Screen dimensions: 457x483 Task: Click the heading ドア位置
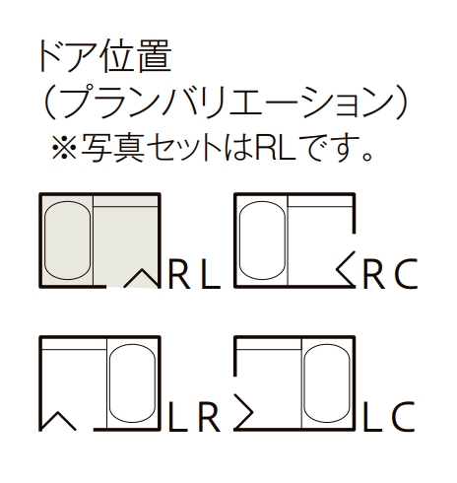pyautogui.click(x=105, y=56)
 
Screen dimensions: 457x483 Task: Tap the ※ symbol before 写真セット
pyautogui.click(x=65, y=147)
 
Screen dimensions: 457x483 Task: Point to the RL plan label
pyautogui.click(x=194, y=274)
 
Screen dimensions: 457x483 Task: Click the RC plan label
pyautogui.click(x=390, y=274)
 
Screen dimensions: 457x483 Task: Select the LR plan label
pyautogui.click(x=194, y=417)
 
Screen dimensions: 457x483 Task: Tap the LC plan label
pyautogui.click(x=389, y=417)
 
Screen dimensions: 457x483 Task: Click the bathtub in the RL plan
pyautogui.click(x=68, y=241)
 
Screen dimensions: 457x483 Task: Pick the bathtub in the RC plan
pyautogui.click(x=262, y=241)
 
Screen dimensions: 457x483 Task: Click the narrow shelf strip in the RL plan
pyautogui.click(x=125, y=202)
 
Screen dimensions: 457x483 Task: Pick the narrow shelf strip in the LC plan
pyautogui.click(x=269, y=345)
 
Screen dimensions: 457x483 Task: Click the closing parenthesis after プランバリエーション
pyautogui.click(x=401, y=103)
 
